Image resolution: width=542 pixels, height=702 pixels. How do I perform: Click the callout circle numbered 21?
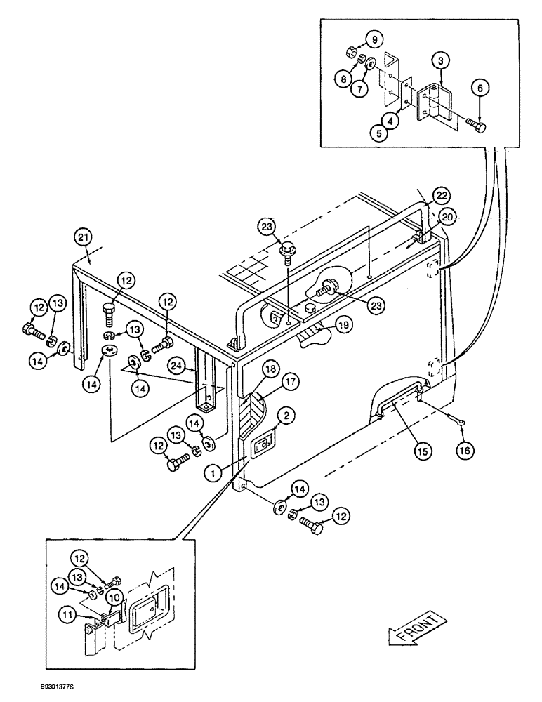point(82,239)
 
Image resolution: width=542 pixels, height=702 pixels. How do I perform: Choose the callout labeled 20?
point(447,218)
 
